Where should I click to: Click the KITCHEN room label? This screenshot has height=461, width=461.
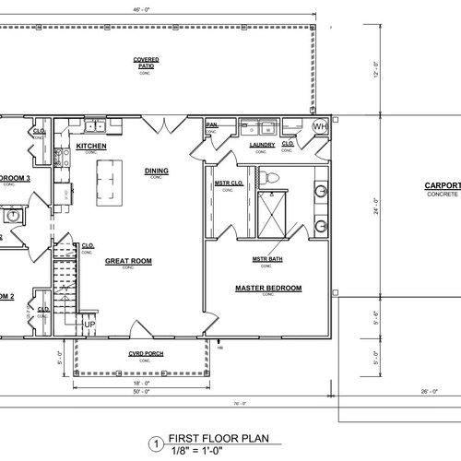point(92,146)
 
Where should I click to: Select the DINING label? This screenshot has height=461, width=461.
point(157,171)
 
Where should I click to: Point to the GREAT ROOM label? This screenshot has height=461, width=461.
point(128,261)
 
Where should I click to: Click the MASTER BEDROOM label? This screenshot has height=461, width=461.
point(268,289)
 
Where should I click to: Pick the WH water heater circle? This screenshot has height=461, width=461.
point(320,125)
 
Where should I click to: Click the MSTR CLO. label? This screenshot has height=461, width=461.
point(228,183)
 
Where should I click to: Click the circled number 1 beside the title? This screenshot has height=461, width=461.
point(157,443)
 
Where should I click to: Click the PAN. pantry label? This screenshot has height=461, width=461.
point(211,124)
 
